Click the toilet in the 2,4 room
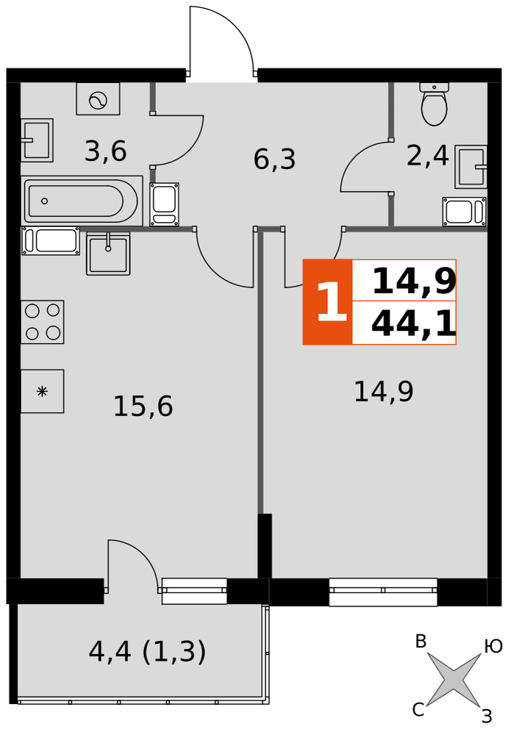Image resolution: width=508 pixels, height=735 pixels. tap(434, 104)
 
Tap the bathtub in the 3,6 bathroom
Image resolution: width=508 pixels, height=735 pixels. tap(82, 201)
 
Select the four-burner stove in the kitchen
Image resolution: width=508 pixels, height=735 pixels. tap(42, 322)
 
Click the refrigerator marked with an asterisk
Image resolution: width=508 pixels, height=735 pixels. tap(42, 391)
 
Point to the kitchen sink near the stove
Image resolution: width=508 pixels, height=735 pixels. tap(108, 254)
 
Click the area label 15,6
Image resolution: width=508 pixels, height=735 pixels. tap(143, 406)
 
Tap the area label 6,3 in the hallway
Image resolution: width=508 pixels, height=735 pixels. tap(274, 159)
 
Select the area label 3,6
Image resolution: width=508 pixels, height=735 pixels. tap(106, 151)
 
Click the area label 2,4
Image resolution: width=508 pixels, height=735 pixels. tap(428, 156)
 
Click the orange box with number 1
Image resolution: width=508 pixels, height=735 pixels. tap(327, 302)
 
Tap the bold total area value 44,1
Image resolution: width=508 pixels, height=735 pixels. tap(413, 324)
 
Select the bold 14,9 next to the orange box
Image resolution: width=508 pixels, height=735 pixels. tap(414, 282)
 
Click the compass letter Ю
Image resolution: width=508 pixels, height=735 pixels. tap(493, 647)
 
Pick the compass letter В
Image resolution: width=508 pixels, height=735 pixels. tap(421, 642)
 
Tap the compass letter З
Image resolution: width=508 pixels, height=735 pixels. tap(487, 716)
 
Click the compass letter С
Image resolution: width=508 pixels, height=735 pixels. tap(418, 710)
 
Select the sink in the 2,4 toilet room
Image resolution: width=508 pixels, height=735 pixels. tap(471, 166)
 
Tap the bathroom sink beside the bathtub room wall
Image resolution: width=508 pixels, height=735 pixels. tap(37, 140)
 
